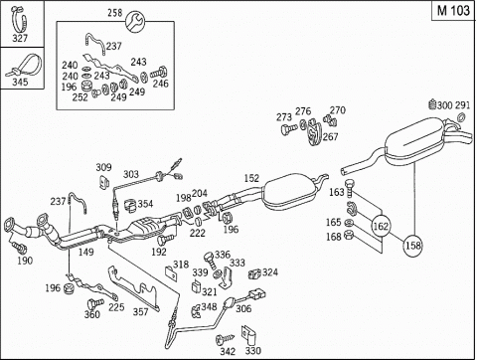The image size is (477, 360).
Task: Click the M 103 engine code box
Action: tap(453, 11)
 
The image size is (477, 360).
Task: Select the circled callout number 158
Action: tap(413, 246)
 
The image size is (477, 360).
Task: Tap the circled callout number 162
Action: tap(381, 226)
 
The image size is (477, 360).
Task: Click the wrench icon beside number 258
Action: tap(135, 21)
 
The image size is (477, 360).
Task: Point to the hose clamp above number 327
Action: tap(19, 19)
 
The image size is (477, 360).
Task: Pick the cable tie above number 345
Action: tap(24, 66)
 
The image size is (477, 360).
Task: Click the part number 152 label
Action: tap(251, 178)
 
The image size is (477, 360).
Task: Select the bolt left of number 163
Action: tap(349, 188)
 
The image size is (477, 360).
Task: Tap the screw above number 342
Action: tap(225, 339)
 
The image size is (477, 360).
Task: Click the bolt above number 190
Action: tap(18, 246)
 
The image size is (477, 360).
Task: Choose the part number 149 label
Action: tap(86, 252)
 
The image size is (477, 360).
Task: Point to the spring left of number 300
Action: tap(432, 105)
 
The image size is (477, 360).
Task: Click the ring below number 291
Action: tap(460, 117)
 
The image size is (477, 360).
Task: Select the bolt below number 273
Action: tap(289, 128)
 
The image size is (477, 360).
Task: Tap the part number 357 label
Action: tap(140, 311)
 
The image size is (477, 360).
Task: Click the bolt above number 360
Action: tap(94, 304)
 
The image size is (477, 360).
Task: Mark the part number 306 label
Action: tap(243, 308)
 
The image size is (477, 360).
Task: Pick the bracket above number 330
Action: tap(248, 335)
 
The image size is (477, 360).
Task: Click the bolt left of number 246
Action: tap(159, 73)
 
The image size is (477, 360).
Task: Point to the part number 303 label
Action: tap(131, 174)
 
